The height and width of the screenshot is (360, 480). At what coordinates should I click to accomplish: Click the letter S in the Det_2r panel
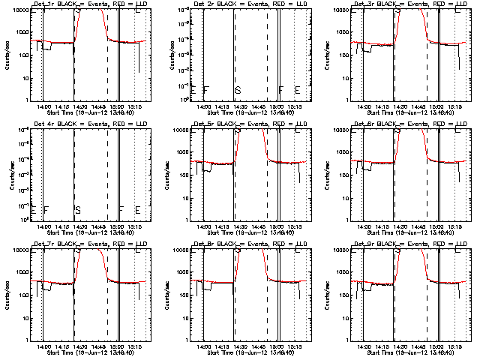pos(238,90)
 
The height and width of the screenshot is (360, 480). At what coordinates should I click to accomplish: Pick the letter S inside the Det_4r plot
pos(77,210)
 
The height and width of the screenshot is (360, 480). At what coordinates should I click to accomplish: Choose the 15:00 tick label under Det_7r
pos(118,347)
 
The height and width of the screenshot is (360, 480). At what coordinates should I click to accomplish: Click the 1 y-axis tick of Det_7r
pos(25,340)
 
